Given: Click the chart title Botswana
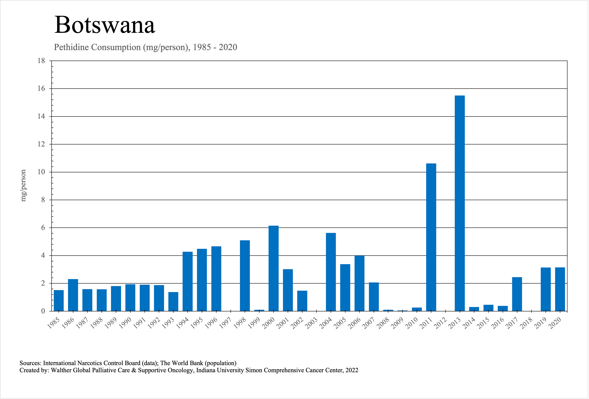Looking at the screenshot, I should tap(105, 25).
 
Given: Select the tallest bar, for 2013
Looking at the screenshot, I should tap(460, 203).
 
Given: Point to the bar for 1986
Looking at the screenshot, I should tap(73, 295).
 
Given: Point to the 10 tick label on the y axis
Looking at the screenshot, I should tap(41, 172).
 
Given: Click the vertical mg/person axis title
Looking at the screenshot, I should tap(23, 185).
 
